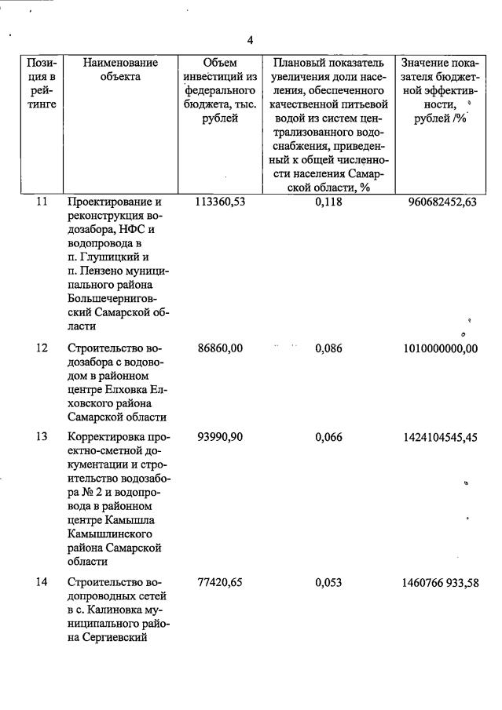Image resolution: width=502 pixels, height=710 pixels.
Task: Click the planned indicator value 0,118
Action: pos(328,202)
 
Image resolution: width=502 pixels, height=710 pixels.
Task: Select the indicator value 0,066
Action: pos(328,437)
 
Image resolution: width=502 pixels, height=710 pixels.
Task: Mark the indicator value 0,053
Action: pos(328,583)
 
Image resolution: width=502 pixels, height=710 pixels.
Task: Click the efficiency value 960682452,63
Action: pos(442,202)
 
